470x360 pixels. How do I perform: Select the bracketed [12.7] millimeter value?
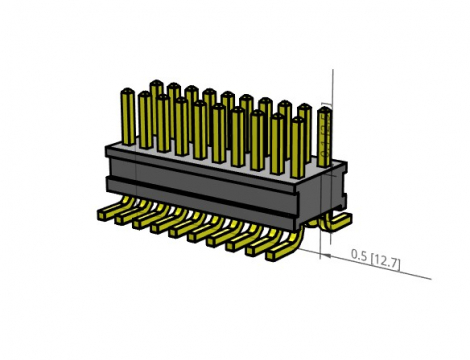[x=386, y=262]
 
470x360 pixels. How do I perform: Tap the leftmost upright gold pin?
[x=128, y=115]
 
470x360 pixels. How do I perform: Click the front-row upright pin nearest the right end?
[x=298, y=145]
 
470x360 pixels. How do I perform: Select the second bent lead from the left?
[x=128, y=219]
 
